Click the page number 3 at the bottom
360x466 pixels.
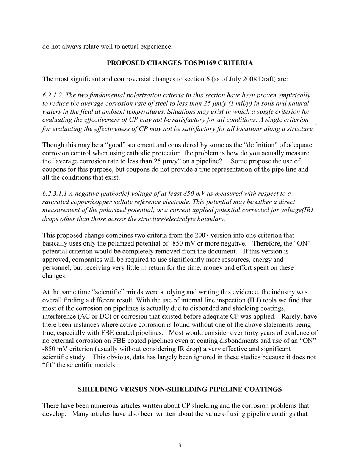coord(180,446)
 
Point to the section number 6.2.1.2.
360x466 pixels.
coord(53,95)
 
